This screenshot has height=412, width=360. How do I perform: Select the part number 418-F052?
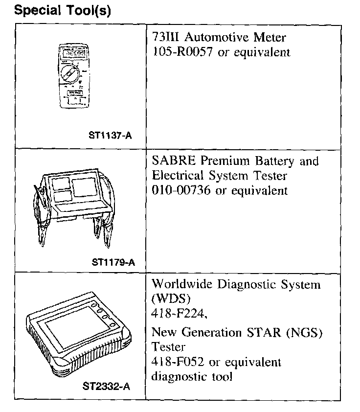(176, 363)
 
